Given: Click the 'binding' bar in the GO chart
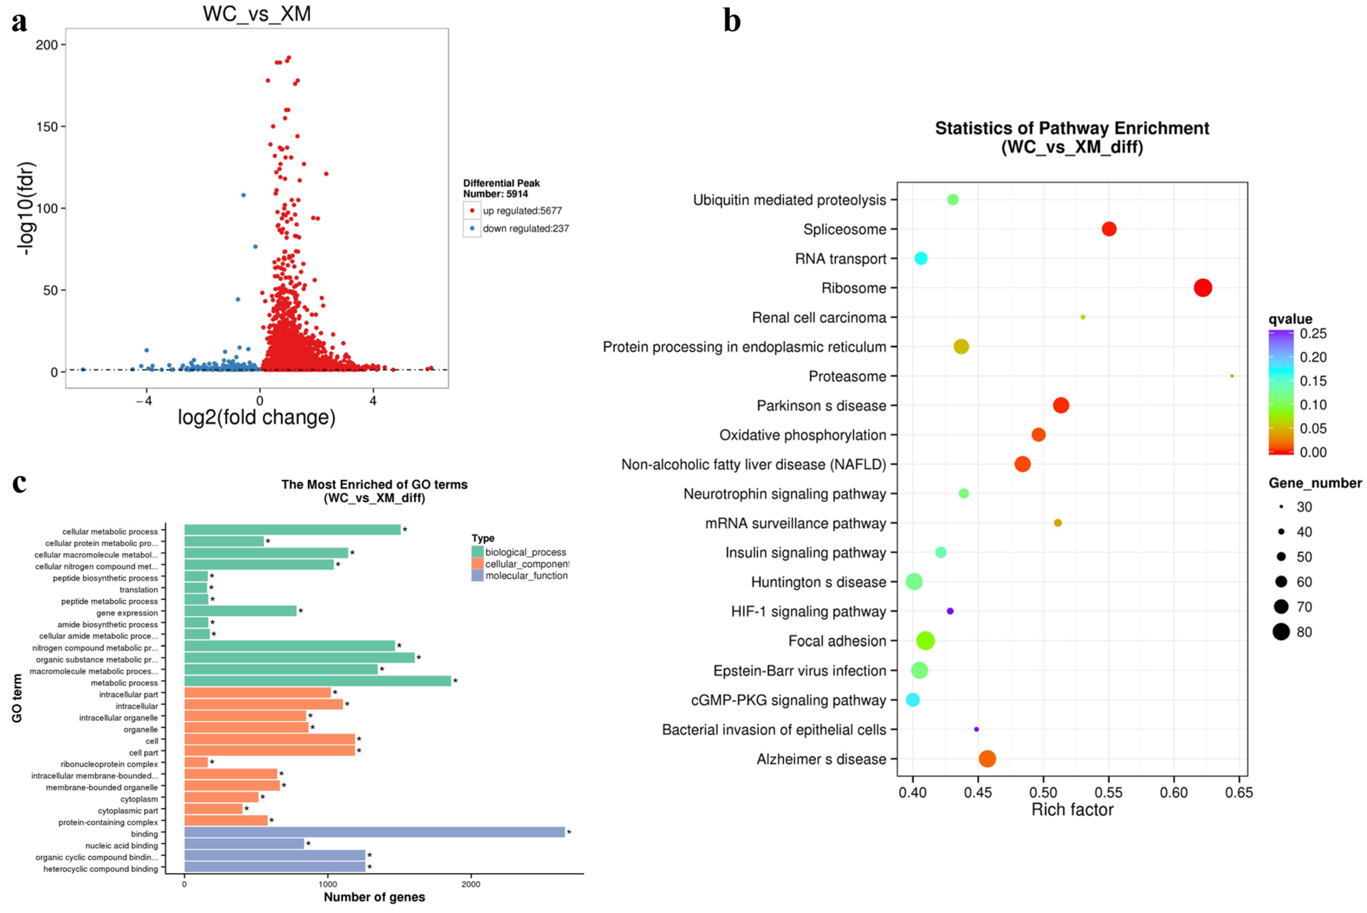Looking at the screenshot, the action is pyautogui.click(x=374, y=832).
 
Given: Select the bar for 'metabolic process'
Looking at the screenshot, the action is pyautogui.click(x=317, y=681).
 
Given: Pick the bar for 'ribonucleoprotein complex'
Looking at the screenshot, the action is pyautogui.click(x=196, y=762).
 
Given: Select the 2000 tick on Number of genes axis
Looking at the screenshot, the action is pyautogui.click(x=470, y=884).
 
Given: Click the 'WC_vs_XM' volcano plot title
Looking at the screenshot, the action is pyautogui.click(x=257, y=13).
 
